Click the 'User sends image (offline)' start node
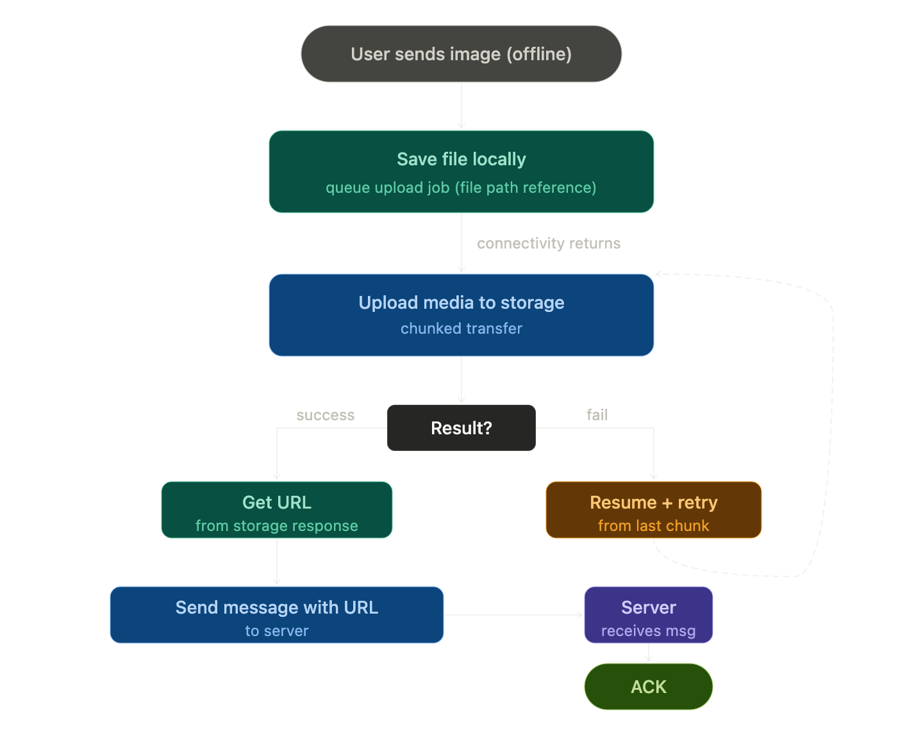[461, 54]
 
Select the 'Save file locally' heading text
[461, 159]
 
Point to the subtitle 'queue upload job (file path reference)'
[461, 188]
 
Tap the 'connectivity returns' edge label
[549, 243]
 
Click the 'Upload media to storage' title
[461, 302]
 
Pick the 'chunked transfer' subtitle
[461, 328]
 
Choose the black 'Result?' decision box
[461, 427]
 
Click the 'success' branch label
[326, 415]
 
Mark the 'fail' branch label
[597, 414]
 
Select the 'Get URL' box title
[277, 502]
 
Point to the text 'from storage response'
[277, 526]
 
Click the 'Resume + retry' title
[653, 502]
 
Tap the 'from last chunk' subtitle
[653, 526]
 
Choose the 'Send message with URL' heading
[277, 607]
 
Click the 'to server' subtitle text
[277, 631]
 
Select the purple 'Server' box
[648, 614]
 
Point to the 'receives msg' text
[648, 631]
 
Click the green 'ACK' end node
[648, 687]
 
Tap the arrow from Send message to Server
[513, 614]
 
